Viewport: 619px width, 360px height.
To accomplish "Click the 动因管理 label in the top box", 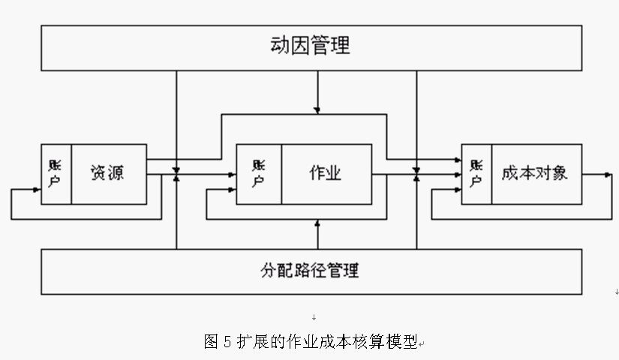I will (310, 46).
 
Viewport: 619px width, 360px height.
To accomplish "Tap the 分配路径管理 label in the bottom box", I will (310, 270).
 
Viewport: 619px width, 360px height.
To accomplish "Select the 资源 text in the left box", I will (107, 173).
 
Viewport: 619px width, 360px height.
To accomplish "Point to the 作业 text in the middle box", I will (325, 173).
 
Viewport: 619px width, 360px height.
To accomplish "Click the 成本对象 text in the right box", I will (534, 173).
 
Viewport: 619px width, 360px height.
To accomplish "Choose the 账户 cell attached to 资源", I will (56, 173).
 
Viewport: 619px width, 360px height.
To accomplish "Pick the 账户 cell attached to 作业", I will (259, 173).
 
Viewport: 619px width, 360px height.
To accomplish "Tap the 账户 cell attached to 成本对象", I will (476, 173).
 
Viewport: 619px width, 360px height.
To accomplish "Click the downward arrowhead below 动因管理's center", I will (317, 110).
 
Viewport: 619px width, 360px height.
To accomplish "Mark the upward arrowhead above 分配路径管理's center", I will (317, 223).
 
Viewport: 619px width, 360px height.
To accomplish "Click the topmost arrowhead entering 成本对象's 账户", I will (457, 159).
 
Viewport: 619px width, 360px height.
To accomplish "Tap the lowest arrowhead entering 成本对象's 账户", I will (457, 190).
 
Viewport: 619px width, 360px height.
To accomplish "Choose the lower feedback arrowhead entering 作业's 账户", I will (232, 190).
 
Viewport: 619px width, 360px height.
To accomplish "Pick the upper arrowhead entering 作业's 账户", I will (232, 175).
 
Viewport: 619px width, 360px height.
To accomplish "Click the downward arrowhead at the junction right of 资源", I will (176, 169).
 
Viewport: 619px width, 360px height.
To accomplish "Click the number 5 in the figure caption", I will (227, 342).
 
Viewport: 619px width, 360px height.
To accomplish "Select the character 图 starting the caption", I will (211, 342).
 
